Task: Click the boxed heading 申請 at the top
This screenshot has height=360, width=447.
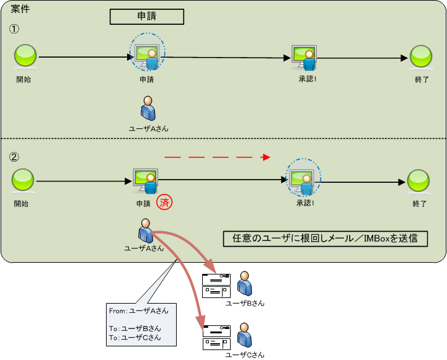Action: (x=146, y=17)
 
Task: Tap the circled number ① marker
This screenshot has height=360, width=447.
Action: (x=14, y=29)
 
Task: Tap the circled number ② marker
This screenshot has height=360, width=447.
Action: (x=14, y=156)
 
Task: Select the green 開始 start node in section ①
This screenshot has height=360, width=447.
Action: (x=25, y=57)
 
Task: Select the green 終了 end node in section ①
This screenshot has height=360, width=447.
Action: (x=421, y=57)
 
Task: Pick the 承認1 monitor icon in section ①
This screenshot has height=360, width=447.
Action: (x=304, y=58)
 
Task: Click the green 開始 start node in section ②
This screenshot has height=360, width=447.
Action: (x=23, y=181)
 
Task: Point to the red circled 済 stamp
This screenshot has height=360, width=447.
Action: (x=164, y=202)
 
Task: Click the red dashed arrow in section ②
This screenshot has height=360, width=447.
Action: (x=217, y=157)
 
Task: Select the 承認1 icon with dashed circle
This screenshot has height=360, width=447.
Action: (x=303, y=180)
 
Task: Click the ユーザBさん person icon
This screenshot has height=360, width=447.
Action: (x=246, y=283)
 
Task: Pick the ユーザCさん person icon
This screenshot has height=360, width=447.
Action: (x=246, y=335)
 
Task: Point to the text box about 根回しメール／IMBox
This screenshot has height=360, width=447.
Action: (x=325, y=239)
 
